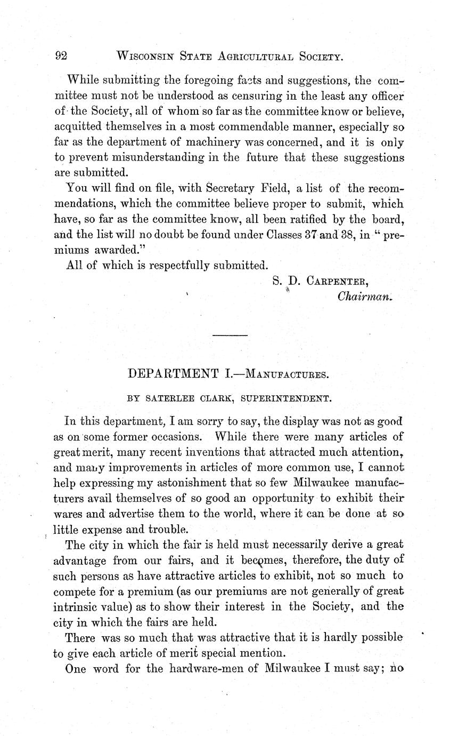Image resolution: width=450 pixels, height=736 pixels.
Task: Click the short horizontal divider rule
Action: point(230,335)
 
